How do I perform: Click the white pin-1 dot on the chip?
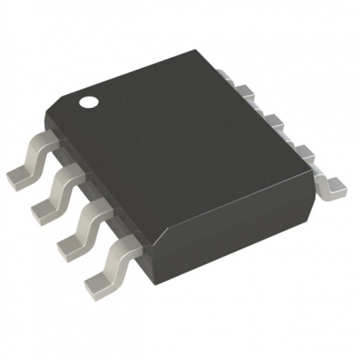(x=90, y=99)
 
